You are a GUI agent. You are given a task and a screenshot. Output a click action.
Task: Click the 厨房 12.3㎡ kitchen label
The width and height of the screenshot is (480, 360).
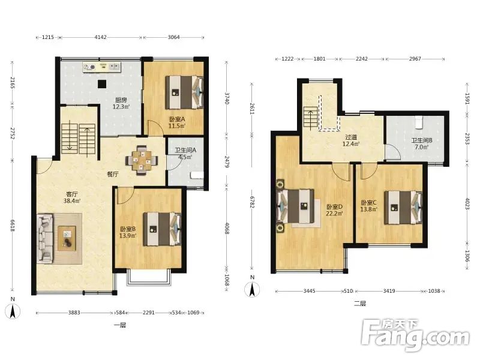point(121,103)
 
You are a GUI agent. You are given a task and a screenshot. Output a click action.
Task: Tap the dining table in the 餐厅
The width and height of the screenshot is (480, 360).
point(142,160)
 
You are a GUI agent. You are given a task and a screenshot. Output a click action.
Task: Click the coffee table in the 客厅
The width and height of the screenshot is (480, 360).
point(67,238)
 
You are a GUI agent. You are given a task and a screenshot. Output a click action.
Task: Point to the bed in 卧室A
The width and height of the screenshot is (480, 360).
point(185,92)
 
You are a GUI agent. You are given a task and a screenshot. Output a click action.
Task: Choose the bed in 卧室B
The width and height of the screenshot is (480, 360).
point(162,229)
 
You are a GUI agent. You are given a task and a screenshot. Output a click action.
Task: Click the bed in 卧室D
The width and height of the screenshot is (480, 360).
point(296,206)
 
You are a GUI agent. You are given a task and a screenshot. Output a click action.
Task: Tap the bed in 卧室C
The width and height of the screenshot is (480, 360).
point(403,208)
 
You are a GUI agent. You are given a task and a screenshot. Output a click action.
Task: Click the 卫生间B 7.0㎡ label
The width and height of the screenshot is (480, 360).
point(422,143)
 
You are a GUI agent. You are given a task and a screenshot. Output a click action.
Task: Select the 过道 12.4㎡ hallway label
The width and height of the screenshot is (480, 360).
point(351,140)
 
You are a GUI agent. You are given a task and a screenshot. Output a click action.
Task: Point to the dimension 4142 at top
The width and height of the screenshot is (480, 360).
point(100,37)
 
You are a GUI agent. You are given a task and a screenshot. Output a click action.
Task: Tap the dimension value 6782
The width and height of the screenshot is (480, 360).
point(251,202)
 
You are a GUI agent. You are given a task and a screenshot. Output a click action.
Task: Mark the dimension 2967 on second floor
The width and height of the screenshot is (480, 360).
point(415,59)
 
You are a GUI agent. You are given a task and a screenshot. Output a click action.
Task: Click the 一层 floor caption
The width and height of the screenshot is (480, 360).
point(120,325)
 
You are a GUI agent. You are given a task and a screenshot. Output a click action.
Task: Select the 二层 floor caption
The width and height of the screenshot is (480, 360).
point(360,304)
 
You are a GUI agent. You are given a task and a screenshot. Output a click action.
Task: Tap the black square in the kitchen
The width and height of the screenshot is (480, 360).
point(102,84)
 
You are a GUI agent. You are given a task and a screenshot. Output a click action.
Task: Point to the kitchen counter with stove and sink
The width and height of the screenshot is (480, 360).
point(101,67)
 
